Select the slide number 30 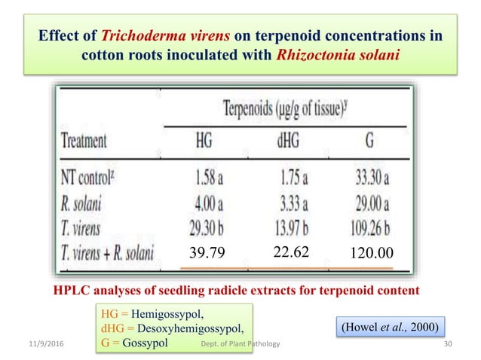[450, 345]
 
